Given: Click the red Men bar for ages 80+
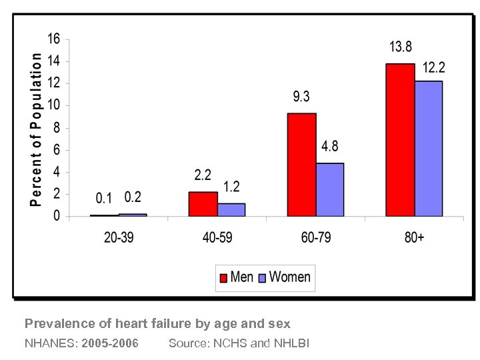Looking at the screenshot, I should (x=399, y=140).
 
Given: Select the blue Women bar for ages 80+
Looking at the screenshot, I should (x=428, y=149).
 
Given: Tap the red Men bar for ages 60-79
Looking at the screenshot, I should (x=301, y=165).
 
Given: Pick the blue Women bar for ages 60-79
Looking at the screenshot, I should (x=330, y=190).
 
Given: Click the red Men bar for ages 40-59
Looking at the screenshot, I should (x=203, y=204).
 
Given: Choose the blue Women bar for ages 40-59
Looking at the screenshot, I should (x=231, y=209).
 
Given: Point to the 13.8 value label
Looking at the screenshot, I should (x=401, y=47).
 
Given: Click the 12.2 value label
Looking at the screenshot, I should (x=433, y=67).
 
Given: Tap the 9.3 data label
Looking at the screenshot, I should (x=301, y=97).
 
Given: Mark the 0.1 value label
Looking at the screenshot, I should (x=104, y=198).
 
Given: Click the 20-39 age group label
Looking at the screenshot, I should (x=119, y=238).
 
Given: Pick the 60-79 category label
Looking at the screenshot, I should (x=315, y=238).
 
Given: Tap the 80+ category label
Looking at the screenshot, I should (x=413, y=238).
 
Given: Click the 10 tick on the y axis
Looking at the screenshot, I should (x=53, y=105).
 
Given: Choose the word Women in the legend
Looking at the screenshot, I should (x=289, y=277).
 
